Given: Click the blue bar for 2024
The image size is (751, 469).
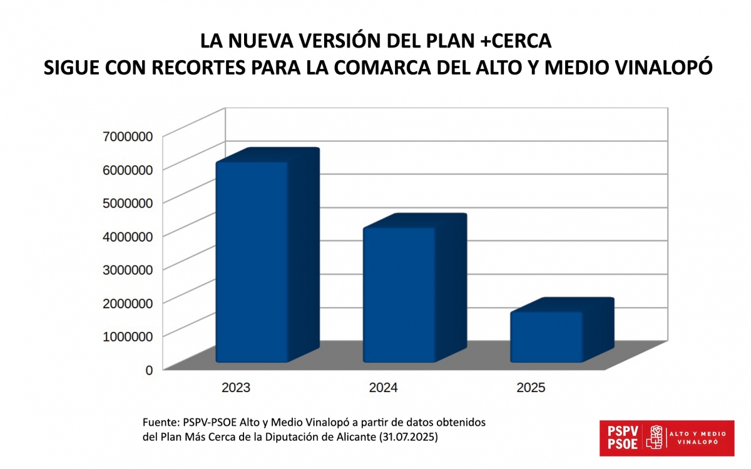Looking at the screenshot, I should coord(399,294).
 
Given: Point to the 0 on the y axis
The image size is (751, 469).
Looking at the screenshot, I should coord(149,370).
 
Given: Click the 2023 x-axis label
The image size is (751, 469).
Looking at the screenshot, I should coord(236,388).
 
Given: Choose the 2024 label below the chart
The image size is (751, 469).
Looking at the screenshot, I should coord(383,388).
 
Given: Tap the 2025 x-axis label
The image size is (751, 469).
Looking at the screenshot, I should coord(531,388).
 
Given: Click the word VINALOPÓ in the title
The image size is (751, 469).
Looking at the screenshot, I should coord(662,68).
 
